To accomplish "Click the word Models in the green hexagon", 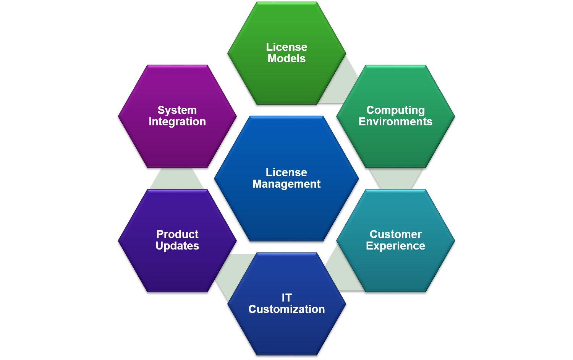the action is [286, 58].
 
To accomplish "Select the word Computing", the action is [395, 110].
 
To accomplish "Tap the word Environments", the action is [395, 122].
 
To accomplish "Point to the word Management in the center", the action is [286, 184].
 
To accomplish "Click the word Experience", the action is [395, 246].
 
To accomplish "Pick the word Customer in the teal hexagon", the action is [395, 234].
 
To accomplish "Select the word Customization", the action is [286, 309].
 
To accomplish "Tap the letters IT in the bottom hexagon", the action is [287, 298].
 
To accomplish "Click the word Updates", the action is [177, 246].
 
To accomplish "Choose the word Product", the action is [177, 234].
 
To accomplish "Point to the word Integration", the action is [177, 122].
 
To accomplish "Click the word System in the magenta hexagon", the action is [177, 110].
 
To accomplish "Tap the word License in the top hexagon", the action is [286, 47].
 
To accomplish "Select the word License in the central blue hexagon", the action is [286, 172].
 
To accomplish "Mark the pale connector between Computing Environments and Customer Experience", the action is [396, 179].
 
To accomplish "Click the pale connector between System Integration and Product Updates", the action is [177, 178].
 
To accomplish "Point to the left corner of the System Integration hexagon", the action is [118, 117].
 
